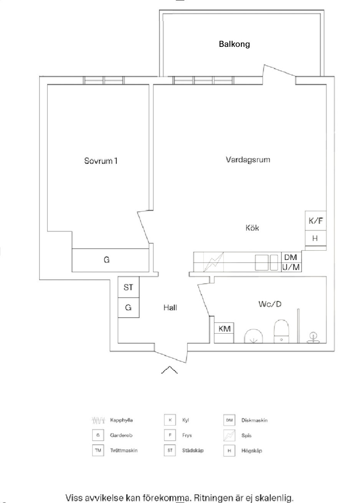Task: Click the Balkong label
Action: [234, 44]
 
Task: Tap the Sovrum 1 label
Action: [101, 160]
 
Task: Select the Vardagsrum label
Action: [248, 159]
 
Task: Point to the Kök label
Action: [252, 228]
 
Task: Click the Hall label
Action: [170, 308]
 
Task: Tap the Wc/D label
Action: [270, 304]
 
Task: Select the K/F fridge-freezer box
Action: [316, 221]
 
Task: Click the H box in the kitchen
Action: [315, 238]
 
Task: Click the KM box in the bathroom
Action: [224, 329]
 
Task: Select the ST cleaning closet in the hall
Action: [128, 287]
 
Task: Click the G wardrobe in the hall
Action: [128, 308]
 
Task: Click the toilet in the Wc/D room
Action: [281, 331]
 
